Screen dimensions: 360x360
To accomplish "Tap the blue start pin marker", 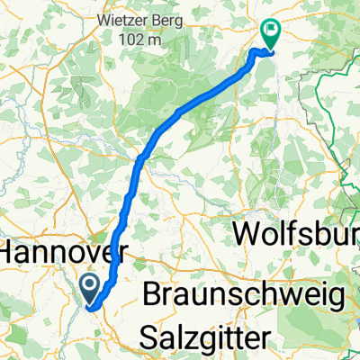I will tap(91, 288).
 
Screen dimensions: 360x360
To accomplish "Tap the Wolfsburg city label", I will tap(297, 234).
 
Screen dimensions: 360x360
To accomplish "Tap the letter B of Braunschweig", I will tap(153, 296).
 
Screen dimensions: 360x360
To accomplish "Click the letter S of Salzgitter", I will tap(150, 337).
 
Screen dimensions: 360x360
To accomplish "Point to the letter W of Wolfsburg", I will tap(248, 233).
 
